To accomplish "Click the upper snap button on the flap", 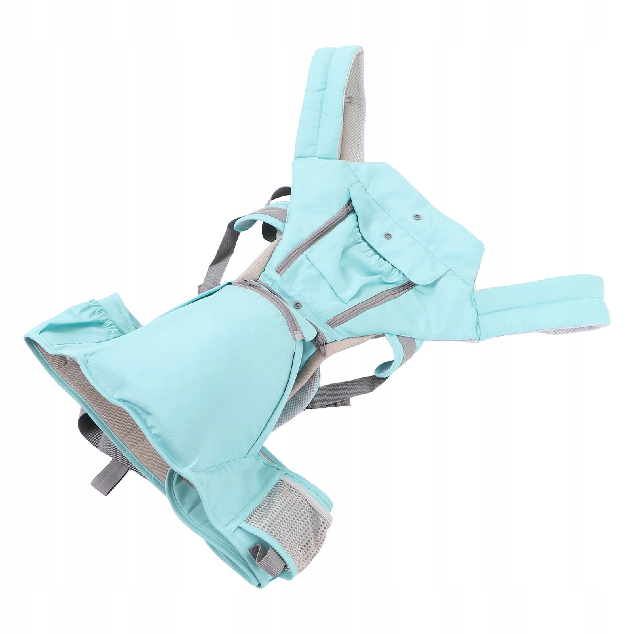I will pos(416,217).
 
